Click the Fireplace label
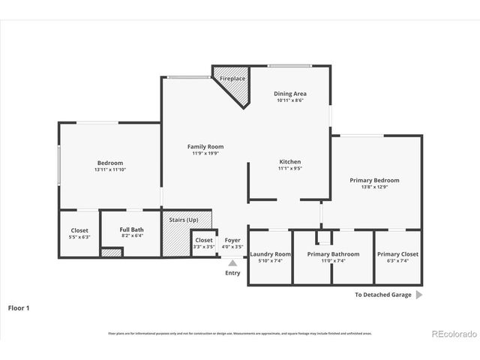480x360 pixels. coord(232,79)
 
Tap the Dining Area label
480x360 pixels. coord(291,94)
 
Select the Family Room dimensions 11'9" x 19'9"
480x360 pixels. coord(205,154)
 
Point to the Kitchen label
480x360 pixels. coord(290,162)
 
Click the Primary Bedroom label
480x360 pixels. coord(374,180)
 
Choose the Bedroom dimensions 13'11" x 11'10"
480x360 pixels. coord(109,169)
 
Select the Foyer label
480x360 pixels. coord(233,240)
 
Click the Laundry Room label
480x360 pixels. coord(270,254)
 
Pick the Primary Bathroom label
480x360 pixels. coord(333,254)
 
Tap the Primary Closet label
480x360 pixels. coord(397,254)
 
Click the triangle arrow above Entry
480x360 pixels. coord(233,263)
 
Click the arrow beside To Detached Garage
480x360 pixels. coord(419,295)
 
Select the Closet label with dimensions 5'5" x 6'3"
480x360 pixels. coord(79,230)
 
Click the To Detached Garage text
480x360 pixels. coord(382,295)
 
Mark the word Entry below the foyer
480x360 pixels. coord(233,273)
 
